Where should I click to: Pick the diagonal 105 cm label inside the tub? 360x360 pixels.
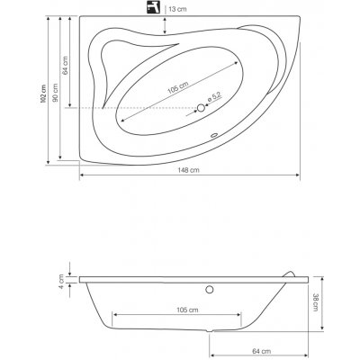point(176,87)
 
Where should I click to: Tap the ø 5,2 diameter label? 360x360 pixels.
point(216,95)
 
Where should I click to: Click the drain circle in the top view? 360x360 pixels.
point(200,110)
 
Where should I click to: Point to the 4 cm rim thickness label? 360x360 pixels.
point(62,290)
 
